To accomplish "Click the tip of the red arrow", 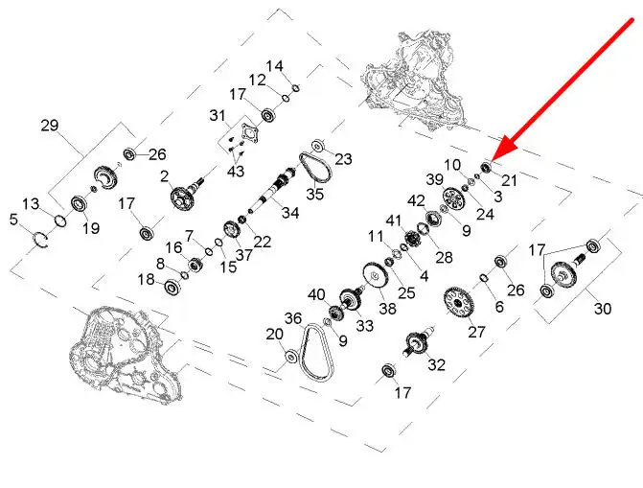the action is click(x=492, y=160).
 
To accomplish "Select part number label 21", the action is click(x=509, y=180).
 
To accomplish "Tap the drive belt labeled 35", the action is click(x=314, y=167).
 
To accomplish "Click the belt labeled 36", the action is click(x=317, y=353).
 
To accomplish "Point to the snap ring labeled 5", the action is click(x=40, y=240).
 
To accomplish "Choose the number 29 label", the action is click(x=50, y=126).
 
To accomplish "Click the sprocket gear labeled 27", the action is click(x=458, y=303).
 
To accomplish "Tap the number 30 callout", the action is click(x=603, y=308).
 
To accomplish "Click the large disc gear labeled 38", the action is click(x=376, y=276).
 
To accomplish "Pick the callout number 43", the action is click(x=236, y=171).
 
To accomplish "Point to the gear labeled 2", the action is click(x=182, y=198).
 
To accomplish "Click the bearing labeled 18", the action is click(x=172, y=286).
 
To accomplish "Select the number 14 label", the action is click(x=274, y=66).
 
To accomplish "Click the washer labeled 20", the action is click(x=290, y=357).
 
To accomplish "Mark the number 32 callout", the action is click(x=436, y=364).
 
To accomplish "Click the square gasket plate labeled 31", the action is click(x=248, y=134).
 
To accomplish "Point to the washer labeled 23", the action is click(x=318, y=146).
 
